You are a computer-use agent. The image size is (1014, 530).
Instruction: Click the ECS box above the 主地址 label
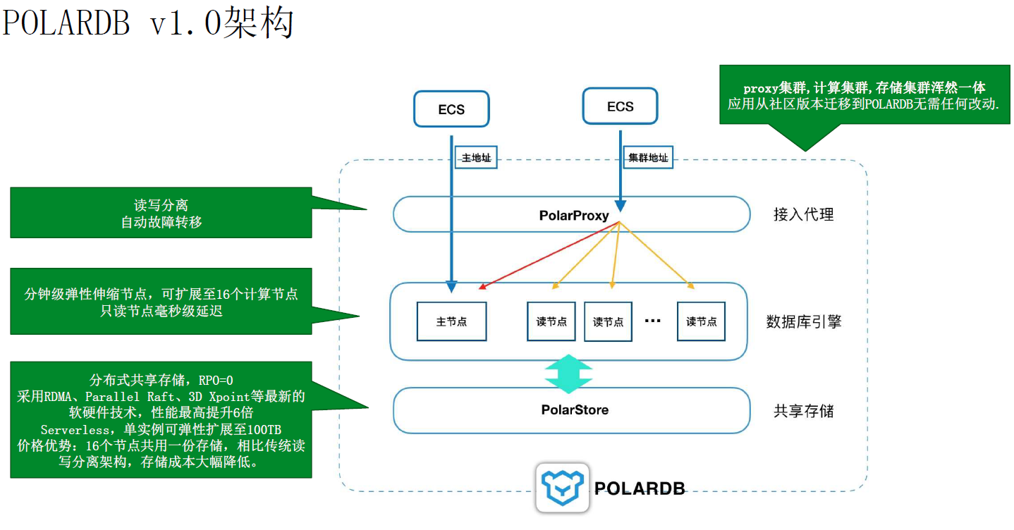[x=451, y=109]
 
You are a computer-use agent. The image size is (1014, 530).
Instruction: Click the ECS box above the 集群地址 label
[x=620, y=106]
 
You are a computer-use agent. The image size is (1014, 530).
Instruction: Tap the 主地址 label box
[x=476, y=158]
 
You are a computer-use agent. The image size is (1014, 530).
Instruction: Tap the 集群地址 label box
[x=648, y=158]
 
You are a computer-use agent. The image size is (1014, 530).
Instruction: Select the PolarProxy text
[x=573, y=216]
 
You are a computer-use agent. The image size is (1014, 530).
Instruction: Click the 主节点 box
[x=451, y=321]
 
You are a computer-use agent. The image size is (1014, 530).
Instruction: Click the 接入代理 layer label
[x=803, y=215]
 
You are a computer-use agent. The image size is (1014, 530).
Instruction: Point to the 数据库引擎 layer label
[x=803, y=322]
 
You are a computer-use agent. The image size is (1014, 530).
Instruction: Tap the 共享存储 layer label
[x=803, y=410]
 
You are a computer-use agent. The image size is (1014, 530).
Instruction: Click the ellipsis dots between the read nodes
[x=653, y=321]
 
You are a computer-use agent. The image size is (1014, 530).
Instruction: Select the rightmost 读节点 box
[x=701, y=321]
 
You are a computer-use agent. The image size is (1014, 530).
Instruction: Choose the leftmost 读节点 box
[x=551, y=321]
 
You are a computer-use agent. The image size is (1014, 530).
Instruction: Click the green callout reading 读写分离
[x=161, y=213]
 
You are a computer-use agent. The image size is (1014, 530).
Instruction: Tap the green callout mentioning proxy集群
[x=864, y=95]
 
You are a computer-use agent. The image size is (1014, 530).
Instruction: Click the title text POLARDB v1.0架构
[x=148, y=23]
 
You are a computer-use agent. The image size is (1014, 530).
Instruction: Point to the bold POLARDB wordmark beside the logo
[x=639, y=488]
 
